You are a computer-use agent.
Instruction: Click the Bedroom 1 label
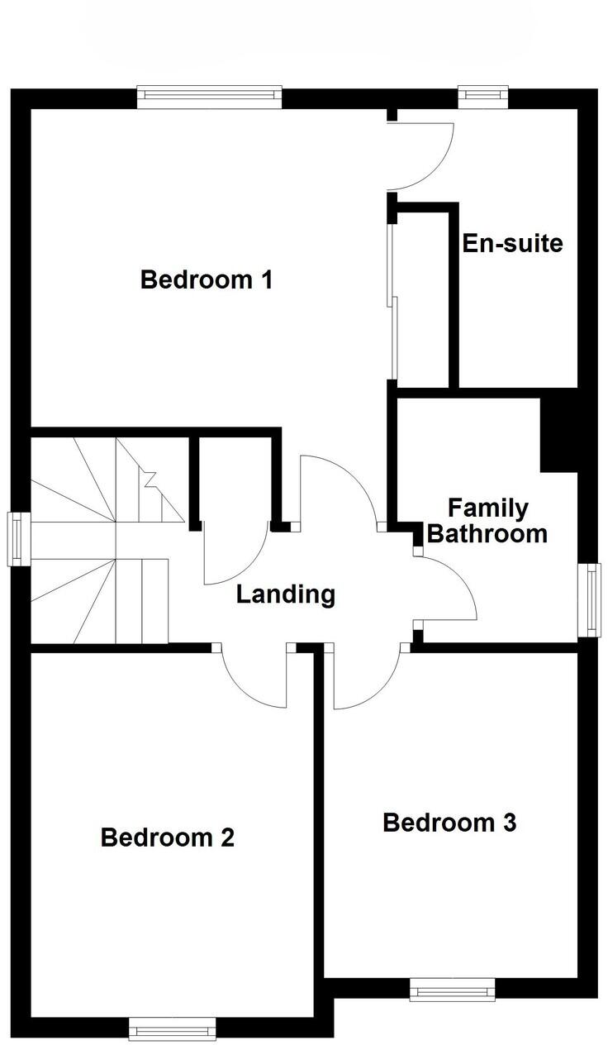click(207, 279)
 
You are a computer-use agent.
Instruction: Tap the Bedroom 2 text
click(167, 837)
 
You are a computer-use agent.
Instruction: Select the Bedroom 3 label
click(449, 823)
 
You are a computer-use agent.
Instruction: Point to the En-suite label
click(512, 244)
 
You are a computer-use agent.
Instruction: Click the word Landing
click(285, 594)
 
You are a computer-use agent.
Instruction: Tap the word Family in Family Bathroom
click(487, 508)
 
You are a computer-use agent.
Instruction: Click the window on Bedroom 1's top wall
click(209, 98)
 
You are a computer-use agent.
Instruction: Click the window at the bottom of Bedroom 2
click(172, 1028)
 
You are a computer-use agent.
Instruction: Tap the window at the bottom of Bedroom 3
click(452, 989)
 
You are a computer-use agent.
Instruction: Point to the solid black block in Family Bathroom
click(558, 436)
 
